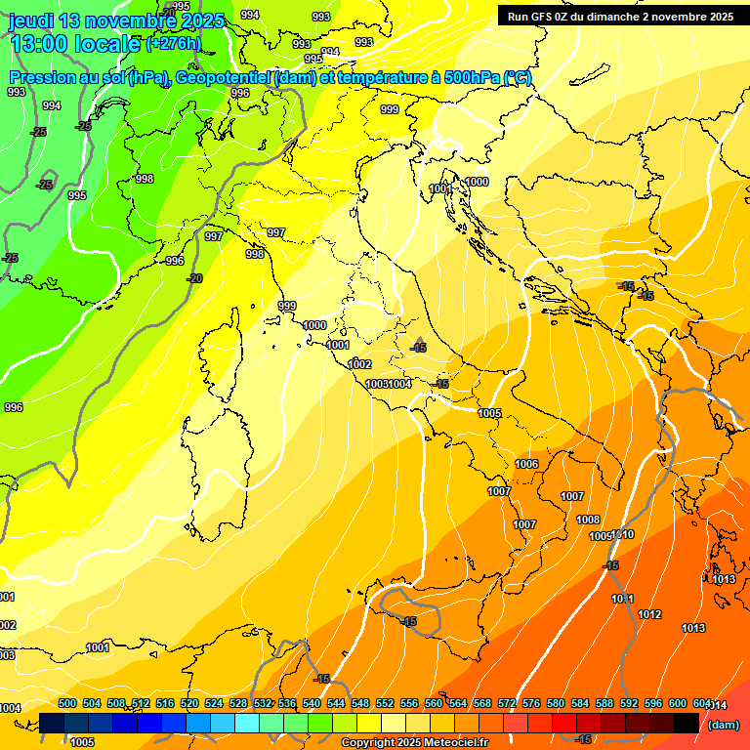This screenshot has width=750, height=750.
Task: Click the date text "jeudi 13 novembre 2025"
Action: point(116,21)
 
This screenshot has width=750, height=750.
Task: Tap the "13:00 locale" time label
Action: point(74,43)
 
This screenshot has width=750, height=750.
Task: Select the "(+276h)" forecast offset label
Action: point(173,43)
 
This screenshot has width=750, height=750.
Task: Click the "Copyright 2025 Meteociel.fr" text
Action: point(414,742)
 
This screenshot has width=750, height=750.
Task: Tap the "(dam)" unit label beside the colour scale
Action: point(723,725)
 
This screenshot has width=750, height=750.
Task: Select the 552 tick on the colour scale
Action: point(385,703)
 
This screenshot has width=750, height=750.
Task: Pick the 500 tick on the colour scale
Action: point(67,703)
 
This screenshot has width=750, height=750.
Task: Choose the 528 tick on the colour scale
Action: point(238,703)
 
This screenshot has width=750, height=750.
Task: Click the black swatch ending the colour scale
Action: point(687,723)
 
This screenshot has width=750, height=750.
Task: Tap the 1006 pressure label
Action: point(526,464)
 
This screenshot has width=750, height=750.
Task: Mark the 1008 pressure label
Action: point(588,520)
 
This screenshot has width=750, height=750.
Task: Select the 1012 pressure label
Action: point(649,614)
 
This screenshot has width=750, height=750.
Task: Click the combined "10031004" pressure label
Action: point(388,384)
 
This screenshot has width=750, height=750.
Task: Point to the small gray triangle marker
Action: point(419,340)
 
